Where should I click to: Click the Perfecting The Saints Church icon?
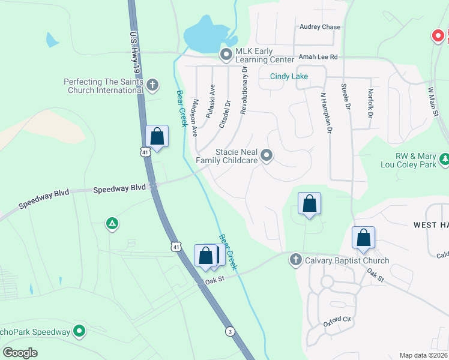point(152,85)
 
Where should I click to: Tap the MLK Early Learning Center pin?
point(226,56)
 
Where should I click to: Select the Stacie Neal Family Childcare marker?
point(267,156)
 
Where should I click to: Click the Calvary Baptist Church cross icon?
point(295,260)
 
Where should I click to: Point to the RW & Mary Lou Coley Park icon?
point(444,159)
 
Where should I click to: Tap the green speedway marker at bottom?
point(79,331)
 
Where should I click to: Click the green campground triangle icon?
point(112,224)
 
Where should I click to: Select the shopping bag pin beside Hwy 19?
point(157,137)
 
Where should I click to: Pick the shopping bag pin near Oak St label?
point(206,256)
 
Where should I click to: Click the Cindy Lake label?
point(289,76)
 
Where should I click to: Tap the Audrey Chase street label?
point(320,27)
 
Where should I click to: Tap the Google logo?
point(20,352)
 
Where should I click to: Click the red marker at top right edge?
point(439,36)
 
